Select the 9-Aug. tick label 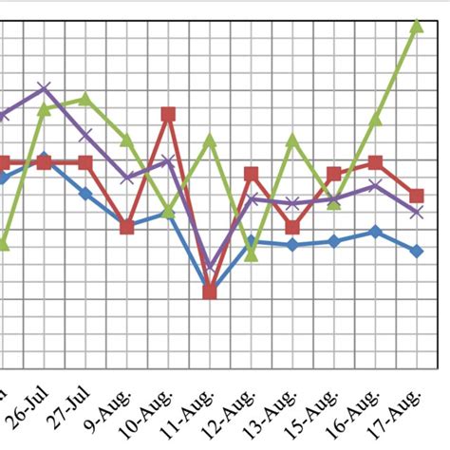pos(112,409)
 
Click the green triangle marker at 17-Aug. pos(416,28)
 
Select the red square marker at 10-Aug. pos(168,115)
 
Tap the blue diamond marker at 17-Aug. pos(416,251)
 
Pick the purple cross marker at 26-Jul pos(44,88)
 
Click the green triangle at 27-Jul pos(85,99)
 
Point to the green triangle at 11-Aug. pos(210,141)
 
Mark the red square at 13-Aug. pos(292,227)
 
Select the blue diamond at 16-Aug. pos(375,232)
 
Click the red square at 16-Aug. pos(375,163)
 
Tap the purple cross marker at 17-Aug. pos(416,213)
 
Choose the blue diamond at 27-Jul pos(85,193)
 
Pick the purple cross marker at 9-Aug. pos(126,178)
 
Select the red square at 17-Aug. pos(416,197)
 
